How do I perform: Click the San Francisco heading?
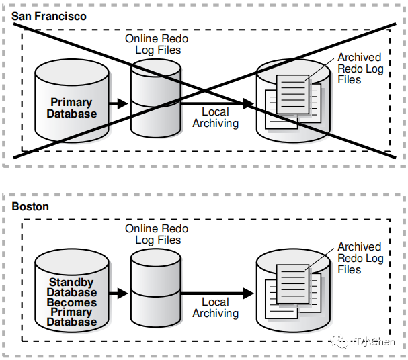[x=49, y=16]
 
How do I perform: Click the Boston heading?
[x=30, y=207]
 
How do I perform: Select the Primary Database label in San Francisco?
[x=71, y=108]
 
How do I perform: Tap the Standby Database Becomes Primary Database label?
[x=71, y=302]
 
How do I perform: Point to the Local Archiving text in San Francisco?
[x=215, y=118]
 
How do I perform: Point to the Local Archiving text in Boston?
[x=215, y=308]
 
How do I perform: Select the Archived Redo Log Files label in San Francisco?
[x=360, y=69]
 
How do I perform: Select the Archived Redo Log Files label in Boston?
[x=360, y=259]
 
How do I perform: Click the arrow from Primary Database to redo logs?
[x=118, y=103]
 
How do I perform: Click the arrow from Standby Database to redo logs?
[x=118, y=294]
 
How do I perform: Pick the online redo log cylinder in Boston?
[x=155, y=289]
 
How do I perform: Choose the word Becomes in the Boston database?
[x=71, y=302]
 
